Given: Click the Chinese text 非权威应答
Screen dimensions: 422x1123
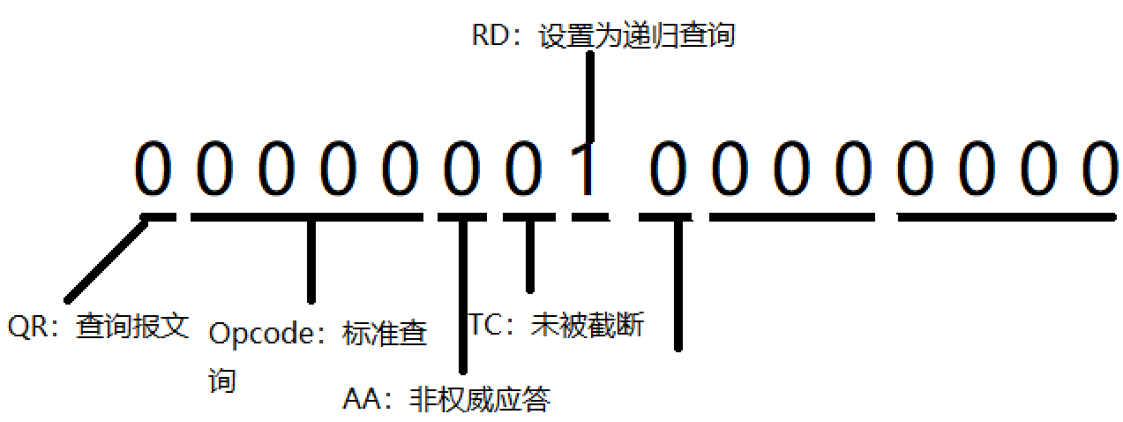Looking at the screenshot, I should pos(480,400).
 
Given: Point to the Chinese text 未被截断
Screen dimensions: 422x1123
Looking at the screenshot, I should pos(588,325).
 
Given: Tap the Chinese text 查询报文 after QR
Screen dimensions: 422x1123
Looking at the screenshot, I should pos(132,327).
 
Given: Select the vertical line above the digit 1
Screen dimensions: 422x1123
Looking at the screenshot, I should pos(588,97).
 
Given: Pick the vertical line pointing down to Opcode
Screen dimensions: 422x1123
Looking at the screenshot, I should pos(311,260).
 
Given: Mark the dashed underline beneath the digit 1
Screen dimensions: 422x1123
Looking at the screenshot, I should pos(589,216).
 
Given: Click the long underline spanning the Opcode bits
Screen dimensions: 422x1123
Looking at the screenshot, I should pos(306,216).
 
